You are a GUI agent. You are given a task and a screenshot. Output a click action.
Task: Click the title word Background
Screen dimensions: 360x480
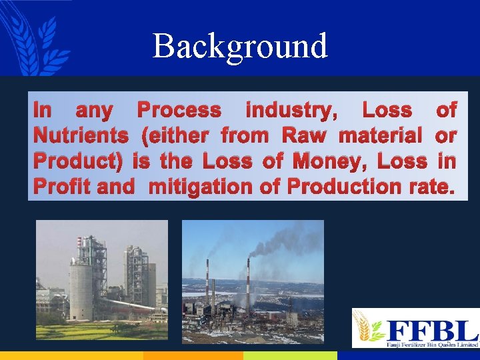(x=240, y=46)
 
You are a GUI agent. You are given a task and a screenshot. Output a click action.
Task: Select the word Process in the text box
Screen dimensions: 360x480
(x=178, y=111)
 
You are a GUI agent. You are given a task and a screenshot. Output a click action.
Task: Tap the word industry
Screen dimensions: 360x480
(x=291, y=111)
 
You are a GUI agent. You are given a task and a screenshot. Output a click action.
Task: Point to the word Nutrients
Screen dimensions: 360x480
(x=81, y=136)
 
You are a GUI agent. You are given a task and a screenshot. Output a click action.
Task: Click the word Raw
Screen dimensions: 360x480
(x=304, y=136)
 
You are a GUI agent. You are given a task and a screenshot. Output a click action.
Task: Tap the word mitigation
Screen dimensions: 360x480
(x=201, y=187)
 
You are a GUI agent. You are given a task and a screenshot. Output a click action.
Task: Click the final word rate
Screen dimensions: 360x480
(x=430, y=187)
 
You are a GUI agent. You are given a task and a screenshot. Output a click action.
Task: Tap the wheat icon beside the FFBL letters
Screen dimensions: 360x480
(x=368, y=327)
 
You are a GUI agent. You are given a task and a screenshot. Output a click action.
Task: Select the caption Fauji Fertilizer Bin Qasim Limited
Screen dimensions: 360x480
(x=431, y=344)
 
